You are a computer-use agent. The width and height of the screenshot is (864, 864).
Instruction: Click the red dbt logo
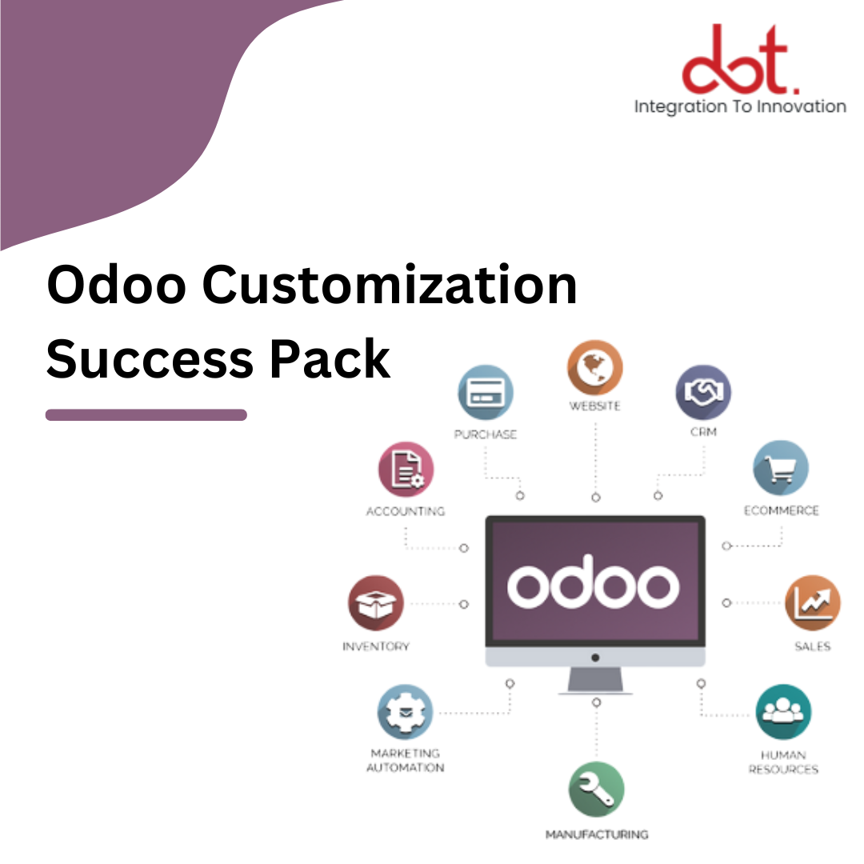coord(739,59)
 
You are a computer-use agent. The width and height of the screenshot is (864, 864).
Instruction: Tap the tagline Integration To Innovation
coord(739,106)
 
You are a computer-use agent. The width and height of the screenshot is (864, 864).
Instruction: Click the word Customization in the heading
coord(389,285)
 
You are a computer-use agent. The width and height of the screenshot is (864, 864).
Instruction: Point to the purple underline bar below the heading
coord(146,414)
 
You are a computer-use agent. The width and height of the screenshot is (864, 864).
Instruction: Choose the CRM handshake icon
coord(702,393)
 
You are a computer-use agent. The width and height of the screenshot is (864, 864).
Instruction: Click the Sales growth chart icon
coord(812,602)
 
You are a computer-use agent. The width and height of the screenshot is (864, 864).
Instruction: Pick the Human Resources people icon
coord(782,712)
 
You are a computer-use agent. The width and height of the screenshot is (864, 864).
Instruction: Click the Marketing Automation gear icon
coord(405,712)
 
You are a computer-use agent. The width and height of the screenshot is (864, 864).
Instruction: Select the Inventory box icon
coord(375,602)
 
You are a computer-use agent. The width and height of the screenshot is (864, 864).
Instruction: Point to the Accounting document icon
coord(406,470)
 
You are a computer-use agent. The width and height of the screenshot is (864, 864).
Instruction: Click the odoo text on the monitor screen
coord(594,586)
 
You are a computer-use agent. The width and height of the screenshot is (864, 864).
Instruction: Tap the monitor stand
coord(595,680)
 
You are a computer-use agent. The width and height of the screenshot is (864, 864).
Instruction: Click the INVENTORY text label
coord(375,646)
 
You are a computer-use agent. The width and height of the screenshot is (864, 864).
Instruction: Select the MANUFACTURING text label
coord(596,834)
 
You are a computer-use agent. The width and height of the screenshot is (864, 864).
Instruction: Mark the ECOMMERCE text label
coord(781,510)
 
